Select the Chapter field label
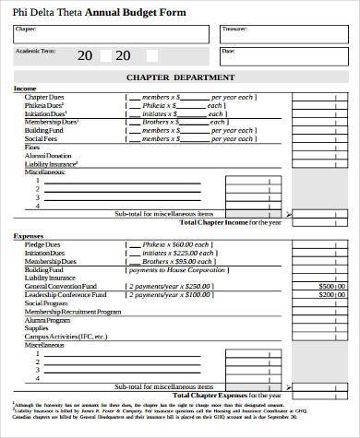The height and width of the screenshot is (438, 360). [26, 30]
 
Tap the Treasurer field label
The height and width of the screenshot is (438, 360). [234, 30]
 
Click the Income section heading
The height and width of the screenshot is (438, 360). [25, 88]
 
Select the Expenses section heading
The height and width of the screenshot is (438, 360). [28, 235]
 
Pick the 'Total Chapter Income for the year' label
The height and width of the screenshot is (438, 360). [230, 222]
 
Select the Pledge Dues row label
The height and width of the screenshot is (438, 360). [42, 244]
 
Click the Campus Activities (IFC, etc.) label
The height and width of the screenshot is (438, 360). [66, 336]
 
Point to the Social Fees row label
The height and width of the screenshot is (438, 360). [41, 138]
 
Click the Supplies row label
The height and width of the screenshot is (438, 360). [37, 327]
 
